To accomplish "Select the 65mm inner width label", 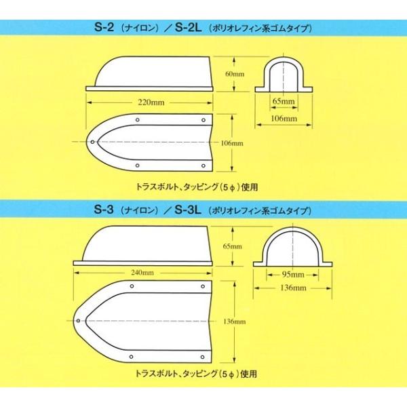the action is click(x=284, y=102).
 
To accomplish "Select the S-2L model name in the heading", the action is click(x=186, y=29).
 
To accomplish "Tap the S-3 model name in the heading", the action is click(x=104, y=210).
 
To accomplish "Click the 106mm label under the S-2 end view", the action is click(x=284, y=119).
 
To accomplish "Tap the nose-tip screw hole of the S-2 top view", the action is click(x=93, y=142).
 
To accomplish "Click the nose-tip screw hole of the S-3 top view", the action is click(x=79, y=319).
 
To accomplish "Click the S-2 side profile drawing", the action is click(x=149, y=75).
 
